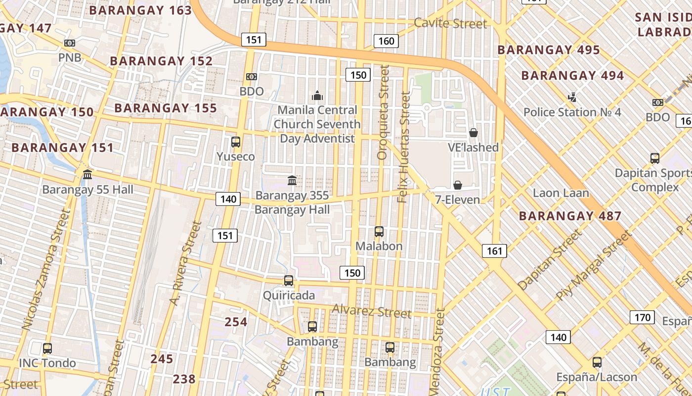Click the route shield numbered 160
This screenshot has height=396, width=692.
click(x=386, y=41)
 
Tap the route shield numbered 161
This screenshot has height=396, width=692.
click(x=494, y=251)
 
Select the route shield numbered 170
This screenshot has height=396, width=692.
click(x=642, y=317)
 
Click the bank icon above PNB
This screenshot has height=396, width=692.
click(x=70, y=43)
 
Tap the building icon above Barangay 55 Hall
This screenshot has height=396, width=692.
click(x=87, y=175)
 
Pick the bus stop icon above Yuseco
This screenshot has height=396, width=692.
click(x=236, y=142)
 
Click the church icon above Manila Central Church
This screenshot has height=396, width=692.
click(x=317, y=95)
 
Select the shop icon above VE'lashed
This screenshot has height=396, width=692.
click(x=473, y=133)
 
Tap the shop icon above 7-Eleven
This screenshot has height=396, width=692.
click(x=458, y=185)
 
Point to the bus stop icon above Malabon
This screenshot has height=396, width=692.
click(x=379, y=231)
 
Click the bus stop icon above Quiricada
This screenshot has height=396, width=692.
click(x=289, y=281)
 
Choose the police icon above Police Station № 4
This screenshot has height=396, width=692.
click(x=572, y=97)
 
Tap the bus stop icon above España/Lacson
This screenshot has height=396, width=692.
click(x=597, y=362)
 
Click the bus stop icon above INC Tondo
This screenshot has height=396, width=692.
click(x=47, y=348)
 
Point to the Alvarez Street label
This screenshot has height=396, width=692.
click(x=371, y=311)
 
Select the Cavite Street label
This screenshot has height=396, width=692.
click(x=450, y=23)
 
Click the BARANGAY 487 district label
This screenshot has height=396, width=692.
click(x=570, y=216)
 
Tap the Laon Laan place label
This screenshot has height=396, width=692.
click(x=561, y=193)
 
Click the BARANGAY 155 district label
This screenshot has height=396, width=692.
click(x=166, y=108)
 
